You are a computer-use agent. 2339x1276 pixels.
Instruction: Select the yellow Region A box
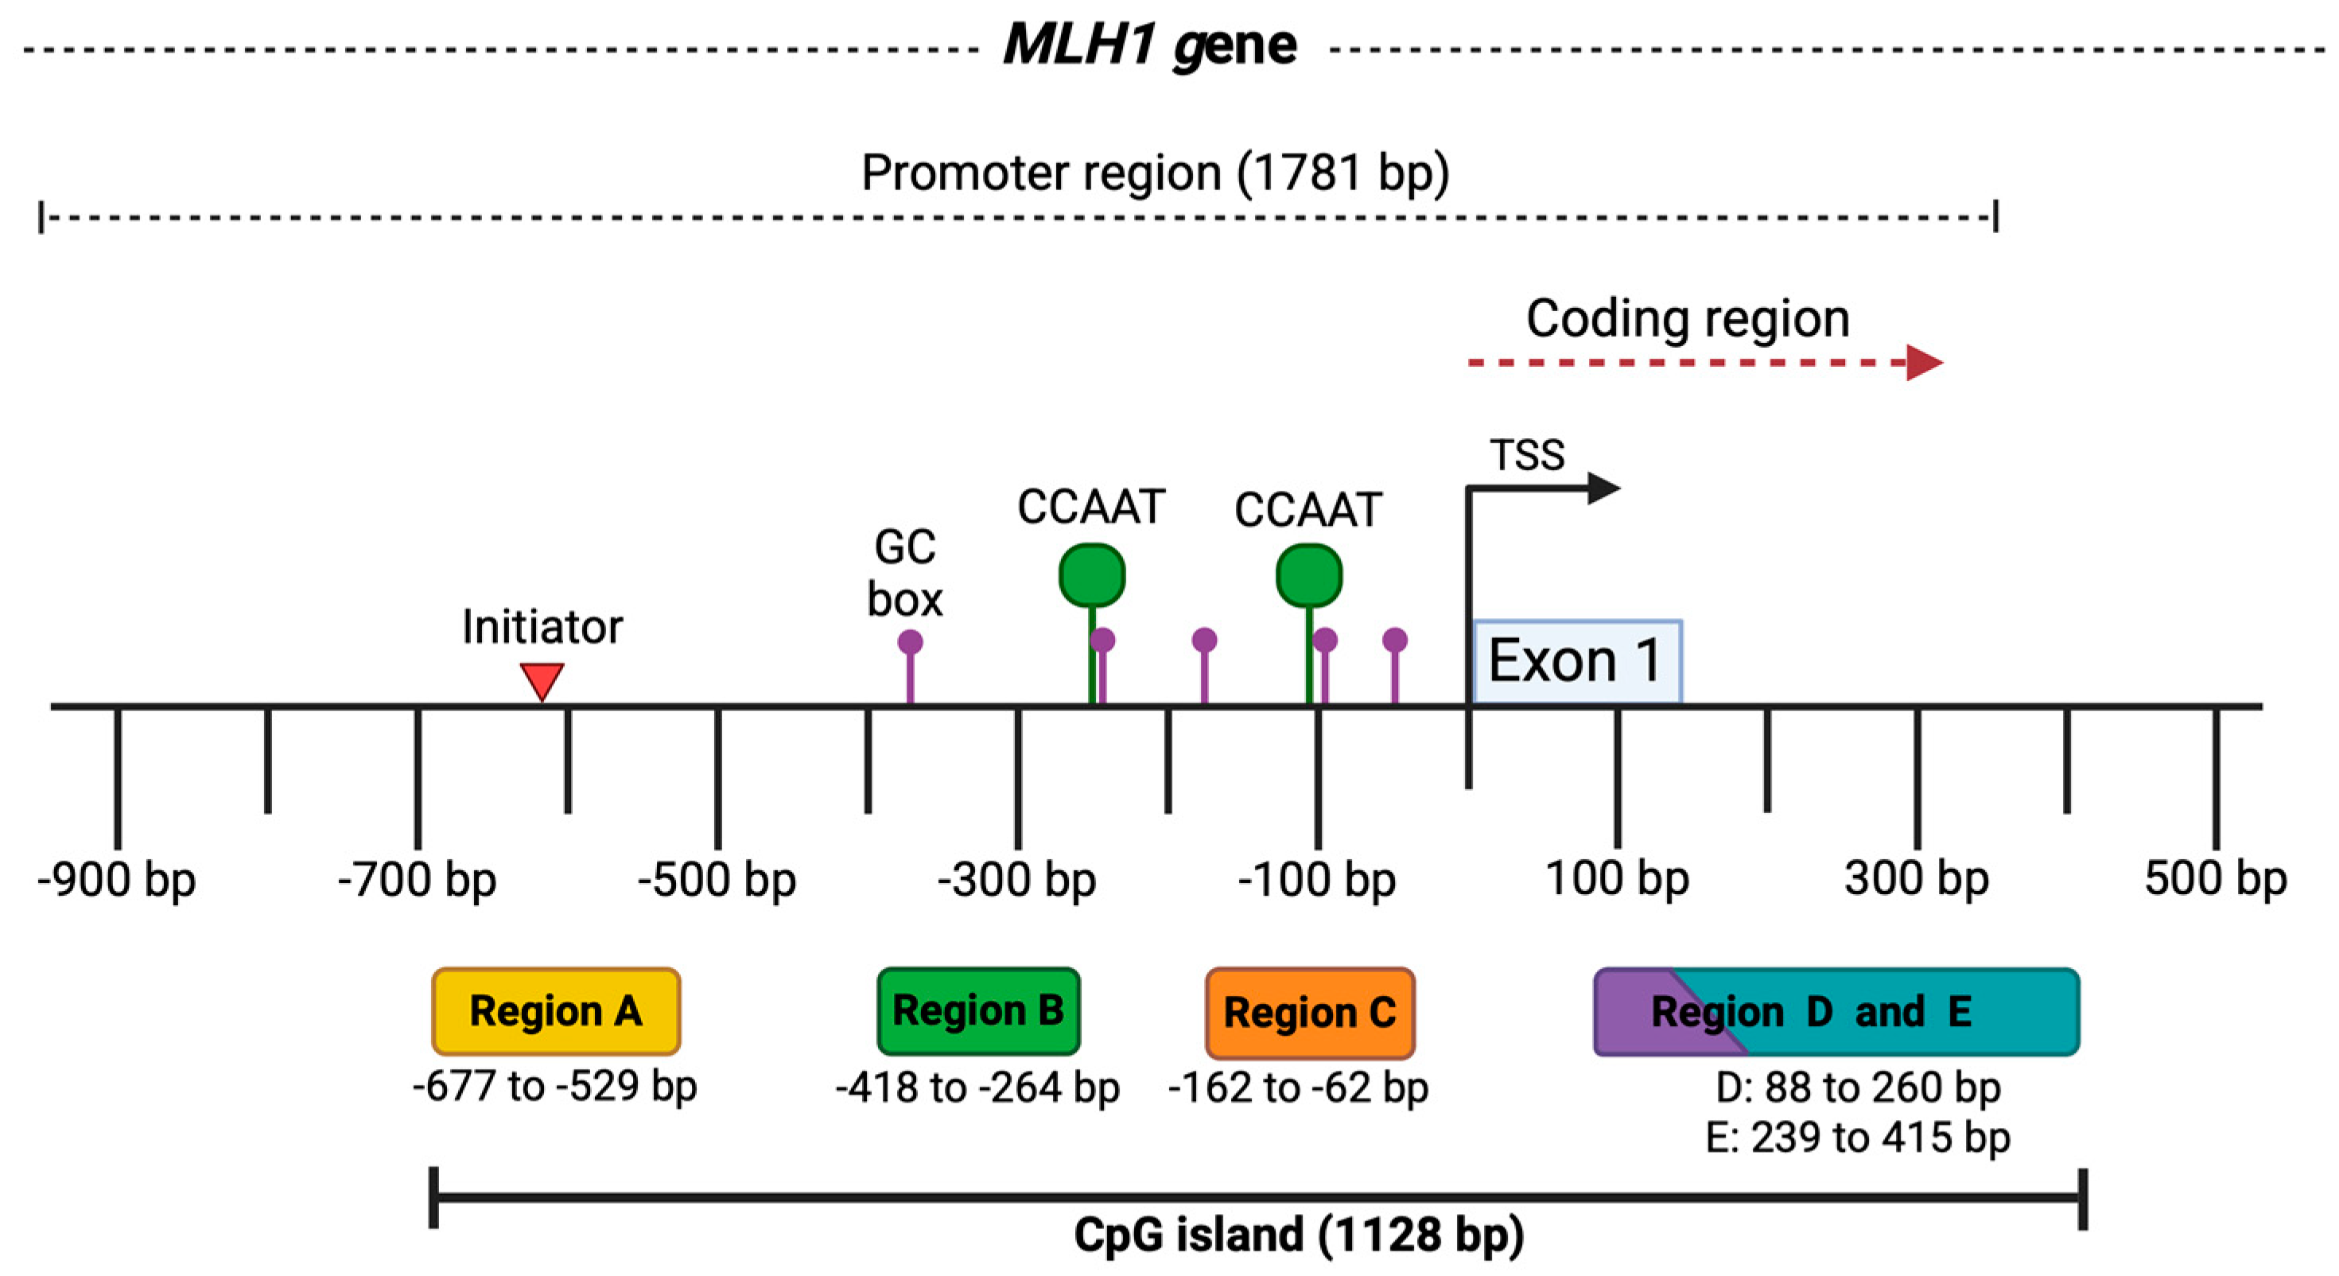(556, 1011)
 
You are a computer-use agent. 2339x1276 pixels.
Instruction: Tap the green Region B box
(978, 1011)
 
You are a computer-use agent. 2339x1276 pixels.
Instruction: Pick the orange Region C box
(1309, 1013)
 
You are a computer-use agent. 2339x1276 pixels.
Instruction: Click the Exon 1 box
(1576, 661)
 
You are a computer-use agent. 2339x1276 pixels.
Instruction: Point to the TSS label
(1527, 455)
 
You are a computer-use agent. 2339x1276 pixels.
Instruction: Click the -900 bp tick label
(116, 879)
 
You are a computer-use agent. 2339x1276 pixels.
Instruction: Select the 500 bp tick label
(2216, 878)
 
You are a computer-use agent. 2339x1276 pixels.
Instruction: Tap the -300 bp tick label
(1017, 879)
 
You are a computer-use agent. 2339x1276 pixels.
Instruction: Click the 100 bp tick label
(1617, 878)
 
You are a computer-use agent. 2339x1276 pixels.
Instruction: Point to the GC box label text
(904, 573)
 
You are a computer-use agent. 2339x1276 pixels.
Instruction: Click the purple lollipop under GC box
(910, 643)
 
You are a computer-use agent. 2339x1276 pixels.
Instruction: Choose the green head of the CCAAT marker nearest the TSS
(1308, 575)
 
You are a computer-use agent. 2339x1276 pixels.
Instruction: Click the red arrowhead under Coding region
(1922, 364)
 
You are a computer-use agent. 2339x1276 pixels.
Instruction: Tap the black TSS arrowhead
(1603, 488)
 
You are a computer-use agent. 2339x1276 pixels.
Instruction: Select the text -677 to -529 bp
(555, 1086)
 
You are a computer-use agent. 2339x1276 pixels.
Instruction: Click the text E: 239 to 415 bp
(1858, 1137)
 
